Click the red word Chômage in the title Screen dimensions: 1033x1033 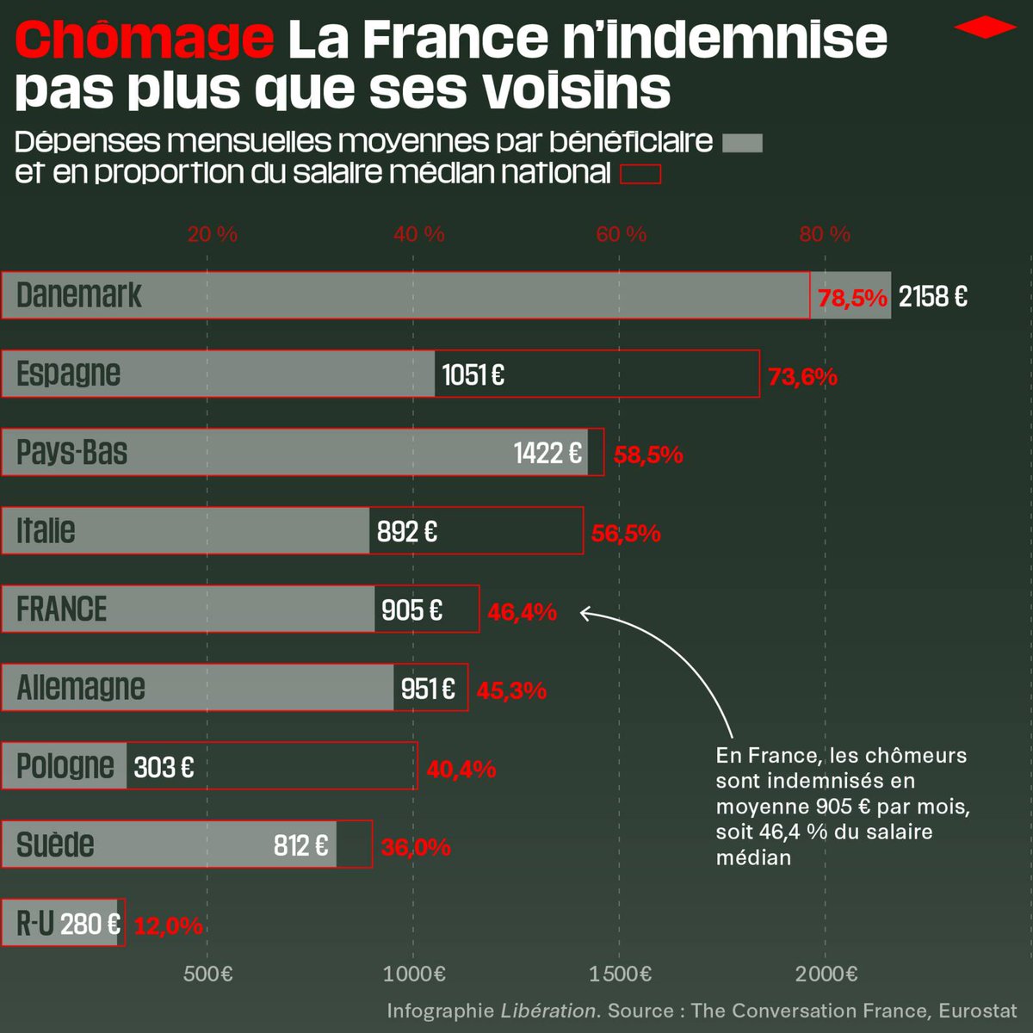(144, 40)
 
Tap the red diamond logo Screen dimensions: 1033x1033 (985, 28)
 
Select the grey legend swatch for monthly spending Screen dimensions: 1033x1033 (742, 143)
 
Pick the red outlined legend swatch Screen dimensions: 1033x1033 (640, 174)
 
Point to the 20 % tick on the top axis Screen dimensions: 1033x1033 (212, 234)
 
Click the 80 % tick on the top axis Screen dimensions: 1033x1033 (824, 234)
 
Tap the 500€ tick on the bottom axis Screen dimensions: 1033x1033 (208, 974)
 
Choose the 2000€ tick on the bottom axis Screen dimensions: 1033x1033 (826, 974)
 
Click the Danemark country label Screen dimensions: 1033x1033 (78, 295)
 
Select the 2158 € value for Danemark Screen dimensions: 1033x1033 (932, 297)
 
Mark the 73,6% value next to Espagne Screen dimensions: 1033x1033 (802, 376)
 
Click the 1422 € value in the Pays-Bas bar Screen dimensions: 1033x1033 (547, 453)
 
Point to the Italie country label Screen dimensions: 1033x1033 (46, 530)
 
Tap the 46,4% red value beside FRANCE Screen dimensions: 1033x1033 (522, 612)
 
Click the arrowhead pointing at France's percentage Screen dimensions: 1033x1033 (585, 613)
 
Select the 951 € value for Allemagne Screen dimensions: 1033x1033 (428, 689)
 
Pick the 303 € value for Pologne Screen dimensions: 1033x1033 (164, 767)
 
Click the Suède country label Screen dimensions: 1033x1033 (55, 844)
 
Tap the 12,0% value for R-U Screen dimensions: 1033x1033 (169, 925)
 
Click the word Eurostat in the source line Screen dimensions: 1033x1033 (977, 1011)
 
